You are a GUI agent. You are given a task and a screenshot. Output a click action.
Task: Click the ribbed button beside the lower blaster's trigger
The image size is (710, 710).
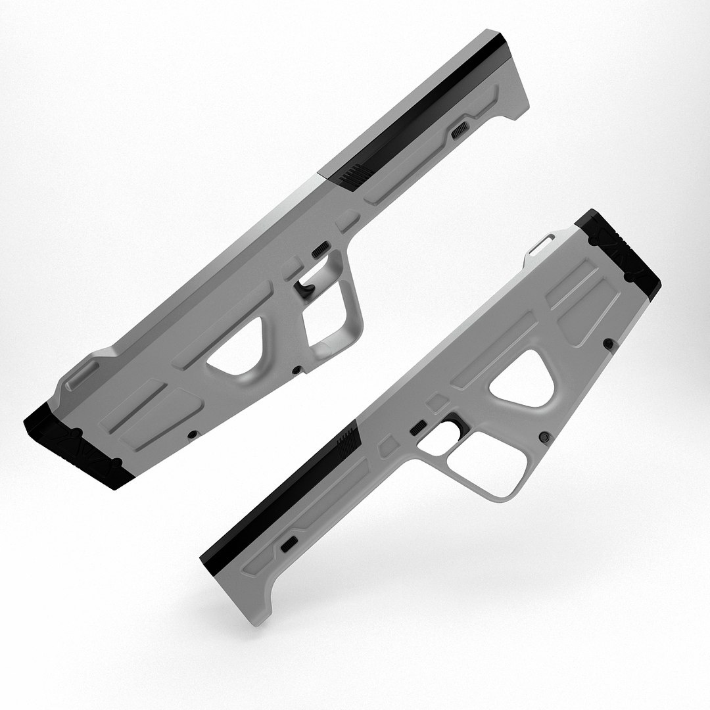tap(417, 429)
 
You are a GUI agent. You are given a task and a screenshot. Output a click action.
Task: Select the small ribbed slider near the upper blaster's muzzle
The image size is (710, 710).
tap(460, 130)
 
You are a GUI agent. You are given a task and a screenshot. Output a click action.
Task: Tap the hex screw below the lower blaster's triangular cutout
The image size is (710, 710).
tap(544, 437)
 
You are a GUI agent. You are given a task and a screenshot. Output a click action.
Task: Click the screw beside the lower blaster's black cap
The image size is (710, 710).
tap(609, 343)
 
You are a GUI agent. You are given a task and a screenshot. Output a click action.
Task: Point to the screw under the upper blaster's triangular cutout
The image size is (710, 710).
tap(296, 369)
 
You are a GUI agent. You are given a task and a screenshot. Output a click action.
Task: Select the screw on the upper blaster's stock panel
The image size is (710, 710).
tap(192, 435)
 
